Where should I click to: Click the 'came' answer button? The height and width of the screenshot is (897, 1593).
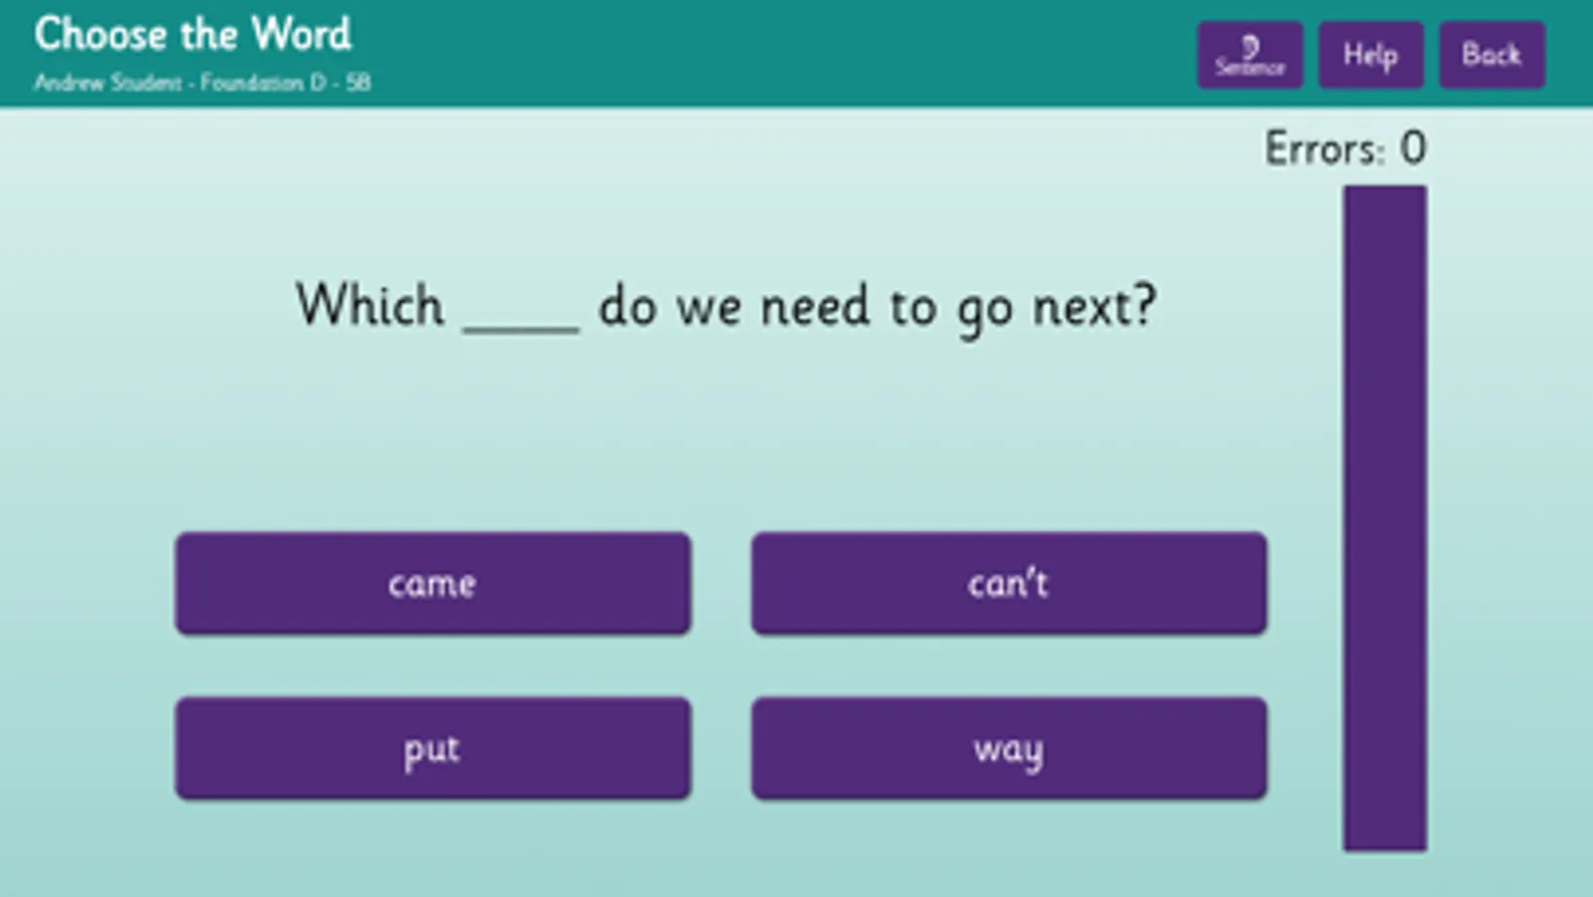point(432,583)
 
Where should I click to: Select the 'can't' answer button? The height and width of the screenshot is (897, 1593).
point(1008,583)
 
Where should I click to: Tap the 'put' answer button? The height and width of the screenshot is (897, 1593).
point(432,748)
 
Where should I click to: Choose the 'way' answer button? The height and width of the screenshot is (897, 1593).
point(1008,748)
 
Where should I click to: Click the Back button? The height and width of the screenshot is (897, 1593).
point(1491,55)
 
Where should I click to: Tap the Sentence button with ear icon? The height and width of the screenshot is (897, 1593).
point(1249,55)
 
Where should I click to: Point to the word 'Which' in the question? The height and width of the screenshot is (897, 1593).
point(370,305)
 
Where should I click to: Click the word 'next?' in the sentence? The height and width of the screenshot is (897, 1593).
point(1094,306)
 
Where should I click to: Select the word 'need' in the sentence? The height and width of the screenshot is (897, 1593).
point(815,306)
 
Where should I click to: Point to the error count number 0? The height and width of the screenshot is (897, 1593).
point(1413,149)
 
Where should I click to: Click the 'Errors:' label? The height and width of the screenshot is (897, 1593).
point(1324,149)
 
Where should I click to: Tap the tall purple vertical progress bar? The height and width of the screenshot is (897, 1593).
point(1384,518)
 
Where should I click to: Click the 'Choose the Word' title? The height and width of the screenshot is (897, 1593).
point(193,34)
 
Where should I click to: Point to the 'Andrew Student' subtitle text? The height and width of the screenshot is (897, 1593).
point(108,83)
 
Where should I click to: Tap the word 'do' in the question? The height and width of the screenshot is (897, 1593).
point(627,305)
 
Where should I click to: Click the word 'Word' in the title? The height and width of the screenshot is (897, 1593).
point(301,34)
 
